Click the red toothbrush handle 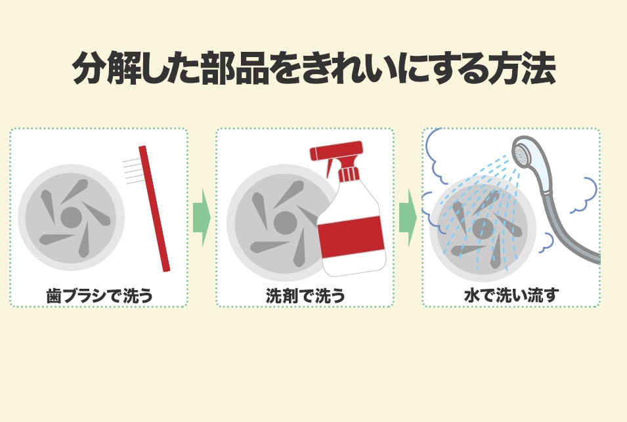(154, 209)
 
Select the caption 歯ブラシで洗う (100, 296)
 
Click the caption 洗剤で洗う (305, 296)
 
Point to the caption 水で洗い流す (511, 295)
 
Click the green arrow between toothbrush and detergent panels (202, 217)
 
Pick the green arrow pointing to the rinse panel (408, 217)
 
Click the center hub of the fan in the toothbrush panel (72, 217)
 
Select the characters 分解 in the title (106, 68)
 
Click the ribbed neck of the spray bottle (349, 174)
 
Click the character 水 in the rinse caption (472, 295)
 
